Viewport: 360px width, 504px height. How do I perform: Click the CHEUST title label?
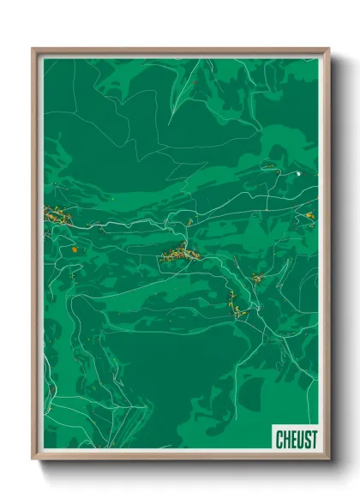tap(296, 439)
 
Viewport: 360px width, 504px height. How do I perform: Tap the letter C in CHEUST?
tap(279, 439)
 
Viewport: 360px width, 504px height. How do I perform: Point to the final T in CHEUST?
tap(313, 439)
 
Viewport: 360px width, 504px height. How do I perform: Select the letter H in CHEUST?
tap(286, 439)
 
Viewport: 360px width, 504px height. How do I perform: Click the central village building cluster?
tap(183, 253)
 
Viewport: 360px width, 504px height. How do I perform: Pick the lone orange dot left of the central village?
tap(75, 249)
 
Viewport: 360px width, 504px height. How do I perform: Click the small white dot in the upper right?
tap(298, 174)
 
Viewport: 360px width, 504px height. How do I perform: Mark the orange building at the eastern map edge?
tap(309, 215)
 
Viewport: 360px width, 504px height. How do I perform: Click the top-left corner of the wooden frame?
tap(33, 49)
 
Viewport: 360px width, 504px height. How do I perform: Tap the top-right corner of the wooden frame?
tap(328, 49)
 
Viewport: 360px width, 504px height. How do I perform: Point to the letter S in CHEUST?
tap(306, 439)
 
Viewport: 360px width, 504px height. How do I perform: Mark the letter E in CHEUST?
tap(293, 439)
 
